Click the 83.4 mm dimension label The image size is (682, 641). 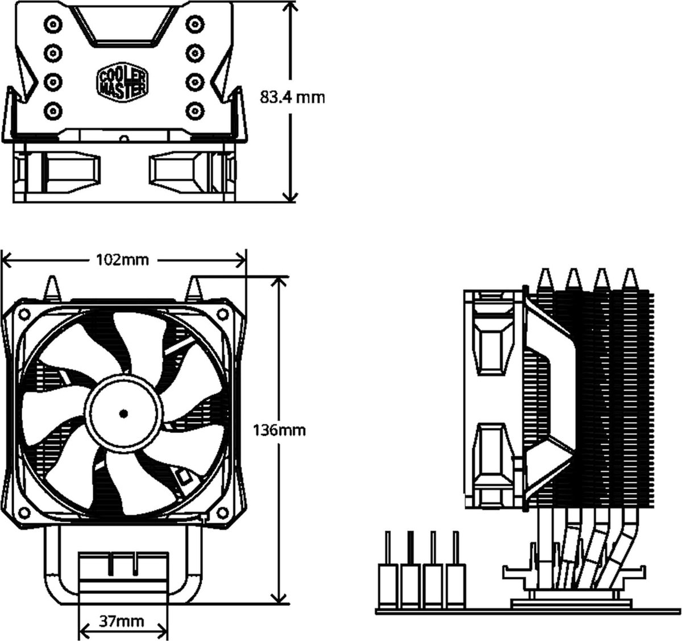tap(292, 97)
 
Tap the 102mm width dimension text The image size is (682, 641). tap(123, 260)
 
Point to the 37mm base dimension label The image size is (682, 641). tap(122, 621)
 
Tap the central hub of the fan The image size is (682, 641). tap(123, 413)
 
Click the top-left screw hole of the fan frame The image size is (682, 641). tap(26, 313)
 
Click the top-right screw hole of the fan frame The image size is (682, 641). tap(220, 313)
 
